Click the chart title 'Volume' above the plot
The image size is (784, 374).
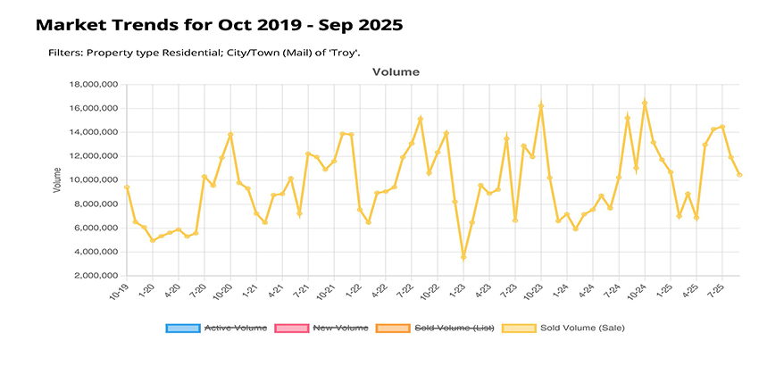pyautogui.click(x=396, y=71)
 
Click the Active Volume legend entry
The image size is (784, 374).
pyautogui.click(x=216, y=328)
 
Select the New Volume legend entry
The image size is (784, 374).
pyautogui.click(x=328, y=328)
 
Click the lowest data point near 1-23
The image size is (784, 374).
pyautogui.click(x=463, y=257)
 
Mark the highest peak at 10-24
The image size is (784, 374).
pyautogui.click(x=645, y=103)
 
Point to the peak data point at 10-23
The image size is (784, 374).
pyautogui.click(x=541, y=105)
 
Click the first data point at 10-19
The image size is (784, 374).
pyautogui.click(x=127, y=187)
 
